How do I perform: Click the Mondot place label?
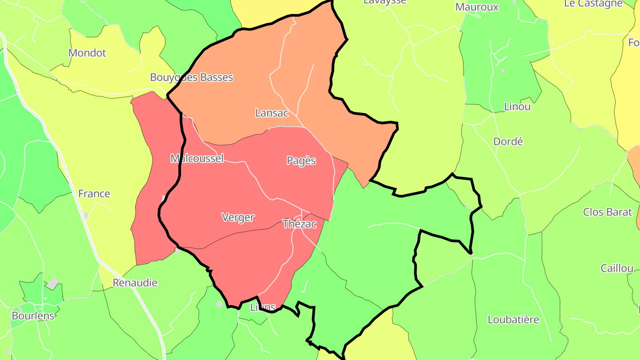click(x=87, y=53)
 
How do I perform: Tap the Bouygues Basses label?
click(x=192, y=77)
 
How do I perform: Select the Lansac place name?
click(x=272, y=113)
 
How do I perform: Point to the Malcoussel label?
click(x=197, y=159)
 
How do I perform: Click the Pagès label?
click(x=301, y=161)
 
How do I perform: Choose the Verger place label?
click(x=238, y=217)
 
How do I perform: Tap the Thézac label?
click(x=300, y=224)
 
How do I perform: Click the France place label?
click(x=94, y=194)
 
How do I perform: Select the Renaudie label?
click(x=135, y=283)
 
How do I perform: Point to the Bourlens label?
click(x=33, y=316)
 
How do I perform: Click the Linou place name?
click(x=517, y=107)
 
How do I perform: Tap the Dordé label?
click(x=508, y=142)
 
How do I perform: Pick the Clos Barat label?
click(x=608, y=212)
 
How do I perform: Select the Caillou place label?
click(x=617, y=268)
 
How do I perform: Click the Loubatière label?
click(x=513, y=320)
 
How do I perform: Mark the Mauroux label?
click(x=477, y=7)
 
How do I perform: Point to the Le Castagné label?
click(x=593, y=4)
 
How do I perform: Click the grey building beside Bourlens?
click(x=53, y=283)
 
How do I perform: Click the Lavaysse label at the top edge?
click(x=385, y=2)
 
